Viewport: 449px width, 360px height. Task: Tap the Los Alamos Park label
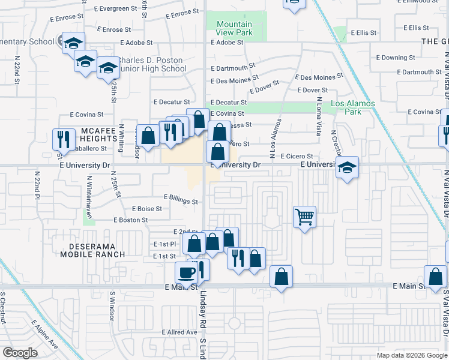[353, 107]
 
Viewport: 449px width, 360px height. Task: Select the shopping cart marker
[305, 217]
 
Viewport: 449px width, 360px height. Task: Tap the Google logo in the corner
[20, 353]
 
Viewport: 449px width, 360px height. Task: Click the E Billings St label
[181, 202]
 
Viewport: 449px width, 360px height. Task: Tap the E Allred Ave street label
[182, 332]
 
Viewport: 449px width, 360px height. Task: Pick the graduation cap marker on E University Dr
[347, 167]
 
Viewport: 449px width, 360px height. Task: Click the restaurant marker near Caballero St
[63, 139]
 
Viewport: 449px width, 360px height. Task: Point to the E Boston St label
[130, 220]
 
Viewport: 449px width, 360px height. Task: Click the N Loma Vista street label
[319, 116]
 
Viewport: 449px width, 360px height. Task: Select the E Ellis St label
[364, 32]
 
